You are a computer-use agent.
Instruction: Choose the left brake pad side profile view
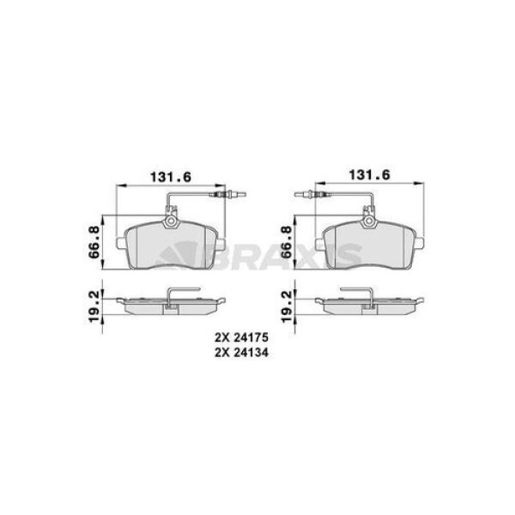(x=171, y=304)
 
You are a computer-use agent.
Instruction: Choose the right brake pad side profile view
(x=368, y=304)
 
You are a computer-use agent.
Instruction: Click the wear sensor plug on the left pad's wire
(x=233, y=203)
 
